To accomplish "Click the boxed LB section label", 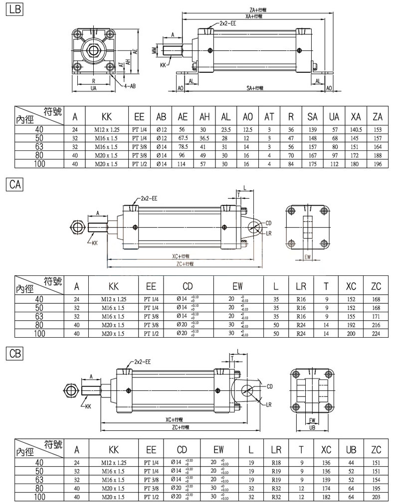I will [x=13, y=9].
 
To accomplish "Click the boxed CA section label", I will [x=14, y=185].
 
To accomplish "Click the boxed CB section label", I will [x=14, y=353].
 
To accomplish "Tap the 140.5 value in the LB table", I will [x=356, y=129].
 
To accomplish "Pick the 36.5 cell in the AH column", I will [x=203, y=138].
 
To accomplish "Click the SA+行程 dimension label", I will [x=255, y=88].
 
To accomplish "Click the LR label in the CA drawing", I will [x=269, y=233].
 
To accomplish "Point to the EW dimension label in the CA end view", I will [x=308, y=257].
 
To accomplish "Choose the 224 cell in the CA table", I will [x=376, y=334].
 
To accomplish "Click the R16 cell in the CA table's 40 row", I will [x=301, y=299].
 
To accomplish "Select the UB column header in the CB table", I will [x=351, y=450].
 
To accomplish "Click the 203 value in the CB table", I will [x=376, y=497].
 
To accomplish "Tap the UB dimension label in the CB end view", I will [x=312, y=427].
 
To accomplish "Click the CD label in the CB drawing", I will [x=270, y=386].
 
